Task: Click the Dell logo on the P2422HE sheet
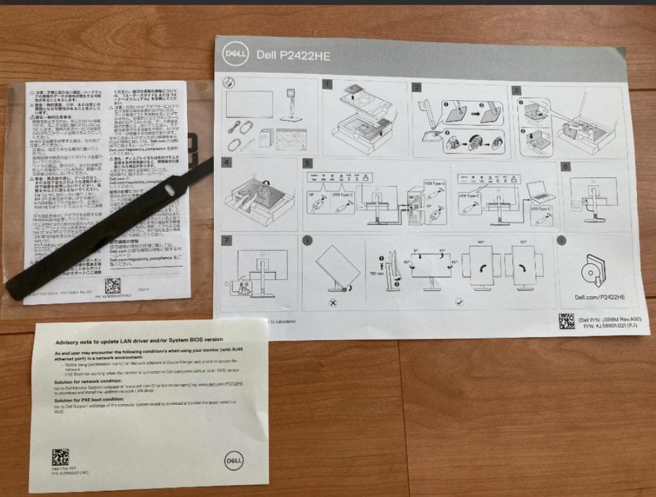(x=235, y=52)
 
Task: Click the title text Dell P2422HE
(x=293, y=55)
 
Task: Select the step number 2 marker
(x=416, y=87)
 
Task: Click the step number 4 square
(x=227, y=162)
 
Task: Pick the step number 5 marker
(x=307, y=163)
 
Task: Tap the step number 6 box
(x=565, y=166)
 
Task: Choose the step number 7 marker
(x=227, y=240)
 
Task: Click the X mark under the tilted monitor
(x=333, y=302)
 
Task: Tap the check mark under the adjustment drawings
(x=459, y=302)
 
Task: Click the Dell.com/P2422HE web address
(x=600, y=297)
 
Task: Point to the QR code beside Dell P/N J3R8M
(x=567, y=321)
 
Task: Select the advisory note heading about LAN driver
(x=139, y=340)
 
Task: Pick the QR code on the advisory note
(x=60, y=456)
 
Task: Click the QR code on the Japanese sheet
(x=113, y=285)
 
